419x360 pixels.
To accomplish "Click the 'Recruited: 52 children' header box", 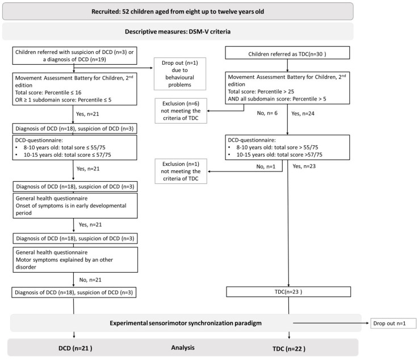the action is (178, 11).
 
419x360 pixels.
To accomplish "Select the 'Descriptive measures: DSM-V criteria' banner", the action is (178, 32).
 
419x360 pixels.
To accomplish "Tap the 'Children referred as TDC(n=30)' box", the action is (287, 53).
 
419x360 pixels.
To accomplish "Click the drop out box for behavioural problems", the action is (180, 74).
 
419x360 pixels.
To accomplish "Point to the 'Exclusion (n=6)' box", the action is (181, 111).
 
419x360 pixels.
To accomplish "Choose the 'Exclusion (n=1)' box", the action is (181, 171).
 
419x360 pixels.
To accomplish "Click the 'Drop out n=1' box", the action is (393, 324).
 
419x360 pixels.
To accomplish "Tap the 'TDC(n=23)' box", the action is (288, 292).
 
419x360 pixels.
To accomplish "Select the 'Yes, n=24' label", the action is (303, 114).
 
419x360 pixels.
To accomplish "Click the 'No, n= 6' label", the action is (267, 113).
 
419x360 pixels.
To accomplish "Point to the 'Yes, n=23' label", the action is (304, 166).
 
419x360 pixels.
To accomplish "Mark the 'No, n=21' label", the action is (90, 280).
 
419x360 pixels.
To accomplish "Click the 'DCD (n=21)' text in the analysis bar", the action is (76, 348).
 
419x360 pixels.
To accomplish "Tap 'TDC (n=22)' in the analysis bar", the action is (289, 349).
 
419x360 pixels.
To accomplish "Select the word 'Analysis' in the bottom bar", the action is (183, 348).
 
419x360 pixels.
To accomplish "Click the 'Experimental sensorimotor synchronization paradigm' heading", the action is (186, 323).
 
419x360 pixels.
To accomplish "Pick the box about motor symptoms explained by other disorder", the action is (76, 259).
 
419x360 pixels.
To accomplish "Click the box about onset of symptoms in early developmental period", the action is (76, 206).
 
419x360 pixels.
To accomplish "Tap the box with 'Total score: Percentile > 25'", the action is (287, 88).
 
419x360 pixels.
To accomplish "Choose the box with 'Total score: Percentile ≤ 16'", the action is (74, 89).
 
